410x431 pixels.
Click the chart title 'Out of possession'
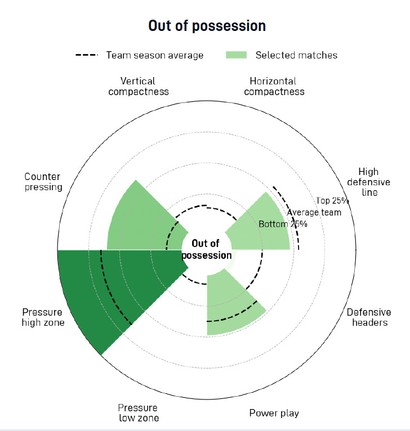[x=207, y=26]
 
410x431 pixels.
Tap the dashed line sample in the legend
[x=87, y=55]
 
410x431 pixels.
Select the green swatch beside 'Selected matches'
[x=236, y=55]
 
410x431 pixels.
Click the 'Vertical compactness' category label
[x=139, y=86]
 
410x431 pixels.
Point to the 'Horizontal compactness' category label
[x=274, y=86]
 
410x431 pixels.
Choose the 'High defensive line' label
[x=369, y=182]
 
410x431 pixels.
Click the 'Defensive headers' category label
[x=369, y=317]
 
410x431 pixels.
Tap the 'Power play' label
[x=274, y=413]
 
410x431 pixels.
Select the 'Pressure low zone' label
[x=139, y=413]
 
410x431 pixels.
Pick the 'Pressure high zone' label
[x=43, y=317]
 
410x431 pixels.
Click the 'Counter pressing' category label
[x=43, y=182]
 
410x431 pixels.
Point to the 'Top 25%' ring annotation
[x=332, y=201]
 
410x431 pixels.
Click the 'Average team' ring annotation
[x=314, y=213]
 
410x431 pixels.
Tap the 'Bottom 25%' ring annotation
[x=283, y=224]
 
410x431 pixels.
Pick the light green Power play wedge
[x=231, y=305]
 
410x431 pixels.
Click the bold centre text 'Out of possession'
[x=206, y=249]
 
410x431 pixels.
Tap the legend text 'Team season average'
[x=155, y=55]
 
